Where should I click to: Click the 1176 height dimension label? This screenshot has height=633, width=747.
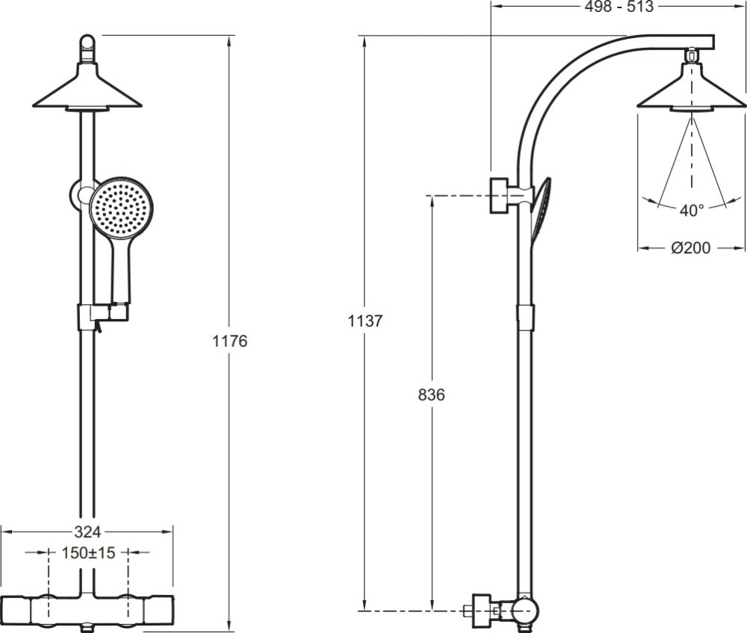coord(229,342)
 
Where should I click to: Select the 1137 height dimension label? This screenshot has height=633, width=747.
coord(365,321)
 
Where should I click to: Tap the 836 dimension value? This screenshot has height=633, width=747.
coord(431,395)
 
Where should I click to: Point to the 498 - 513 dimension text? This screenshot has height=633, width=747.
coord(619,7)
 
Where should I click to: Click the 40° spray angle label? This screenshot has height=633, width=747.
coord(691,210)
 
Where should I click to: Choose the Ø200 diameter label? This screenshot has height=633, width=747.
coord(691,248)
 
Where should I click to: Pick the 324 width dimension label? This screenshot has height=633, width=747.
coord(87,531)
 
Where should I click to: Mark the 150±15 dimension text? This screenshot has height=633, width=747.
coord(89,553)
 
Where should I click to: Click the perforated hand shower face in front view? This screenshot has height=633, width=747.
coord(121,207)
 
